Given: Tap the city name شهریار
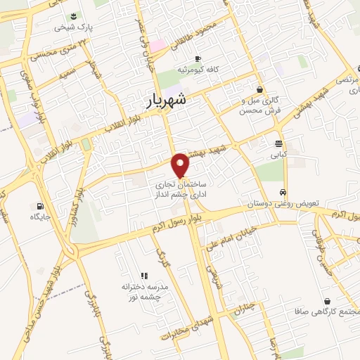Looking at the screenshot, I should pos(167,101).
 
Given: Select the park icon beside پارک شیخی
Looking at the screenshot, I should pos(75,16).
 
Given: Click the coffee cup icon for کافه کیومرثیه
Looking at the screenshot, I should pos(198,58).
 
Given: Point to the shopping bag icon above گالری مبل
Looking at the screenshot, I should pos(261,89).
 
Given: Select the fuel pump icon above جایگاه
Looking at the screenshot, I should pos(38,207).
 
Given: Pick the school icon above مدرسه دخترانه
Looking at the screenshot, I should pos(143,275).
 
